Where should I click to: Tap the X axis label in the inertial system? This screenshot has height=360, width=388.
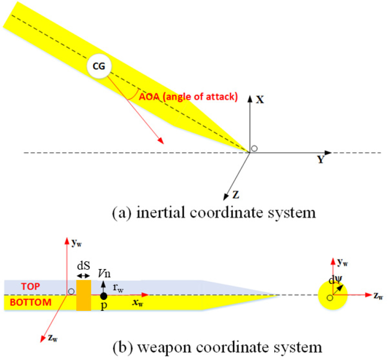click(260, 99)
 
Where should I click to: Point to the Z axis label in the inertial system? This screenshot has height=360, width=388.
click(236, 194)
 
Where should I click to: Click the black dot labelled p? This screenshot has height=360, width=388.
click(104, 296)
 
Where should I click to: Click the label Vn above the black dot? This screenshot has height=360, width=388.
click(104, 273)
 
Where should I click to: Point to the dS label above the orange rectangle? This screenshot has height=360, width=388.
click(83, 265)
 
